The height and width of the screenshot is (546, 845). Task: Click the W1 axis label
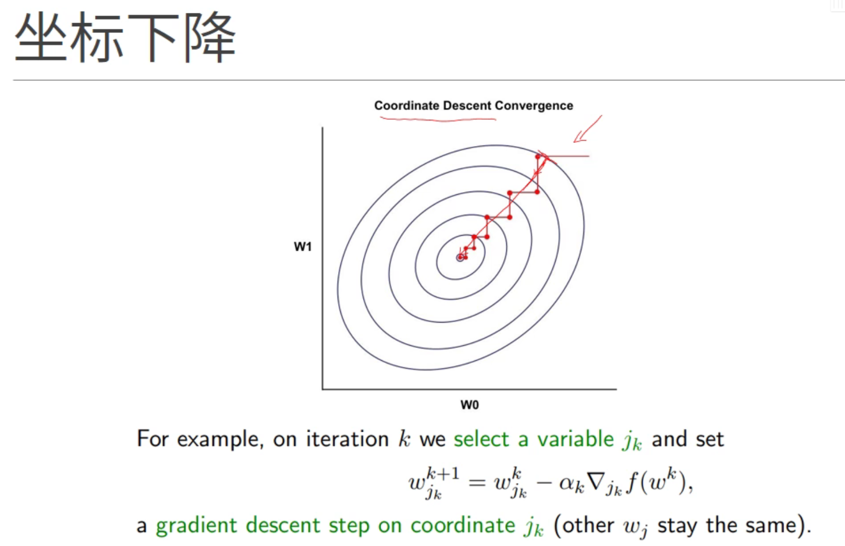click(303, 247)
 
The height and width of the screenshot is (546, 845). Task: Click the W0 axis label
click(470, 405)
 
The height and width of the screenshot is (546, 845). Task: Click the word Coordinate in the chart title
click(406, 105)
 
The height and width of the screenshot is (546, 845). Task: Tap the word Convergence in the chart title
click(534, 106)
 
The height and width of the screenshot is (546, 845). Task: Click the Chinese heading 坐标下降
click(125, 37)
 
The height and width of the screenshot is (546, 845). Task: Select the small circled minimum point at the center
click(460, 258)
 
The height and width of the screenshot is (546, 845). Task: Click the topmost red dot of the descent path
click(538, 157)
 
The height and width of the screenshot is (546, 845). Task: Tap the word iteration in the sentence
click(347, 439)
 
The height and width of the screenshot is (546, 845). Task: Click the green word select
click(482, 439)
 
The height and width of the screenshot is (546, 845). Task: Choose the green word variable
click(576, 439)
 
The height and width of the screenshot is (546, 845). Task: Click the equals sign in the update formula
click(477, 483)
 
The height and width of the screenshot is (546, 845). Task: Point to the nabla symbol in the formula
click(596, 482)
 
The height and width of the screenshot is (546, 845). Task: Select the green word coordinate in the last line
click(463, 525)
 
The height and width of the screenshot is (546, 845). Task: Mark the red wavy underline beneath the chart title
click(438, 120)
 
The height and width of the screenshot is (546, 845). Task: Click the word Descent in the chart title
click(468, 105)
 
